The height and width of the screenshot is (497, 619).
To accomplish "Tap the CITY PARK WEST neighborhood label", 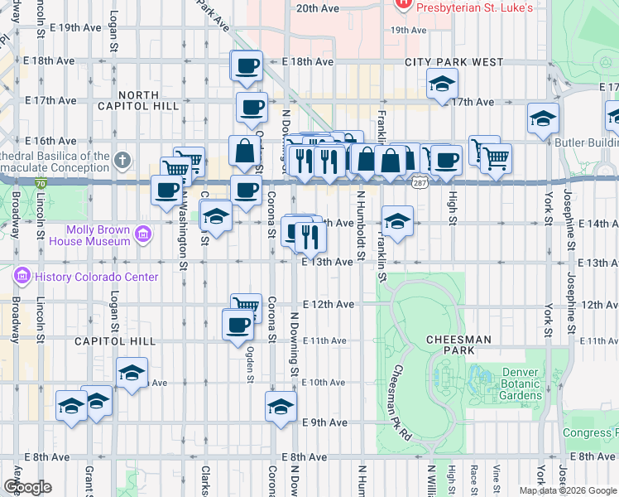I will point(453,62).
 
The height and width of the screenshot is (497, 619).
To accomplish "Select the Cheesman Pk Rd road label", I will point(401,402).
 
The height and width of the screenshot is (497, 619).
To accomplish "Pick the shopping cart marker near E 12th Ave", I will point(246,306).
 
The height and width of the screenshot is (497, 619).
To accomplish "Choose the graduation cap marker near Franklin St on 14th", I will point(397,221).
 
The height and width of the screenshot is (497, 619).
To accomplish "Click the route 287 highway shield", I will point(422,182).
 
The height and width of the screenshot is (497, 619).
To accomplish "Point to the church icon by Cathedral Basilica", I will point(122,159).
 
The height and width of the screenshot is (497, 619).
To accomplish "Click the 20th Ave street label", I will point(318,7).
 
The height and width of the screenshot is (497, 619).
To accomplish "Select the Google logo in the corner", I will point(27,487).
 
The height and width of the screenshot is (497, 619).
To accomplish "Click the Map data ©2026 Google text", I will point(568,490).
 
